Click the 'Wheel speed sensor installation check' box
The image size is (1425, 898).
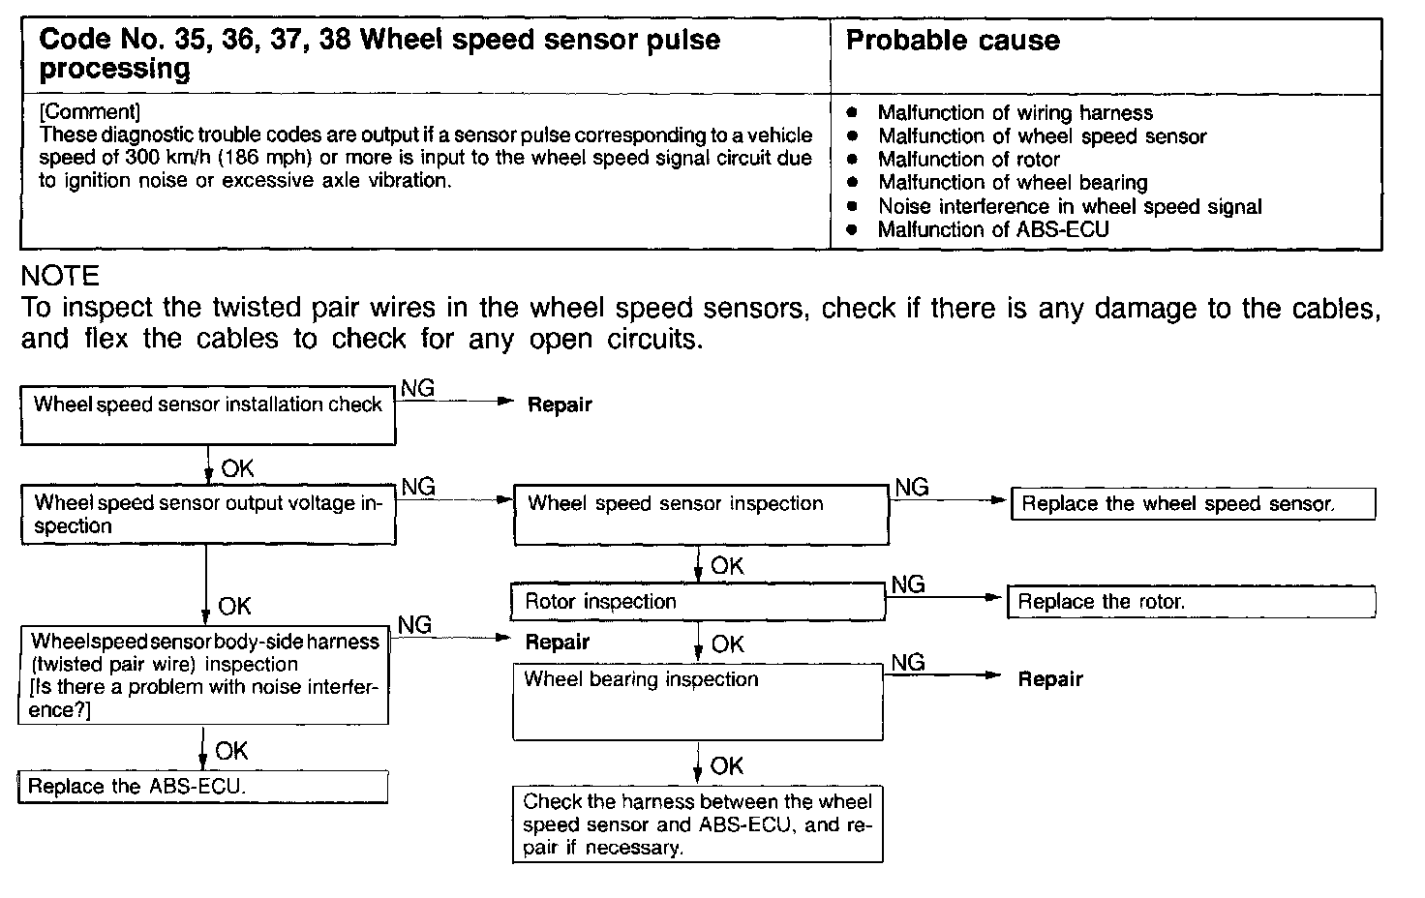pyautogui.click(x=208, y=415)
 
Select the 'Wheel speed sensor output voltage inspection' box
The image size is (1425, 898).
pyautogui.click(x=208, y=515)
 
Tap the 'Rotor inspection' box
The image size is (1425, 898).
pyautogui.click(x=698, y=602)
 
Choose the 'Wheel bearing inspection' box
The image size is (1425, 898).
pyautogui.click(x=697, y=702)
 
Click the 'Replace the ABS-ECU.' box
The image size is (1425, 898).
pyautogui.click(x=203, y=787)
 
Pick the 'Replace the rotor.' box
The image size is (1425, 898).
pyautogui.click(x=1191, y=602)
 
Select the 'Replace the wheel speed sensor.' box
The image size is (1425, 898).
pyautogui.click(x=1193, y=504)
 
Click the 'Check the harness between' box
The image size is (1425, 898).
pyautogui.click(x=697, y=824)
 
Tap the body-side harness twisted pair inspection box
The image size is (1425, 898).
pyautogui.click(x=203, y=675)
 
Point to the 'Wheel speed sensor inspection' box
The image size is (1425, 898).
pyautogui.click(x=700, y=514)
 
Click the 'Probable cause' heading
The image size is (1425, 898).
pyautogui.click(x=953, y=41)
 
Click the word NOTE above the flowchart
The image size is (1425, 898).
pyautogui.click(x=60, y=277)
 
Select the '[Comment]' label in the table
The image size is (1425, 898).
pyautogui.click(x=90, y=112)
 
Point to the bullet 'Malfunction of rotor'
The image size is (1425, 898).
pyautogui.click(x=968, y=160)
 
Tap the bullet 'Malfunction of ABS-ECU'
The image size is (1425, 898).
pyautogui.click(x=993, y=230)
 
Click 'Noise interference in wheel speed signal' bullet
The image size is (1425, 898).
pyautogui.click(x=1070, y=206)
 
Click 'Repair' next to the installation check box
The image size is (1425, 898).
pyautogui.click(x=560, y=405)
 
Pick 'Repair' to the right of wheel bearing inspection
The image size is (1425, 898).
pyautogui.click(x=1050, y=679)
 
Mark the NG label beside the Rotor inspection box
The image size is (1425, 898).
pyautogui.click(x=908, y=584)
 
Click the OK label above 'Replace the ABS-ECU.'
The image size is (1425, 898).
pyautogui.click(x=231, y=751)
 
